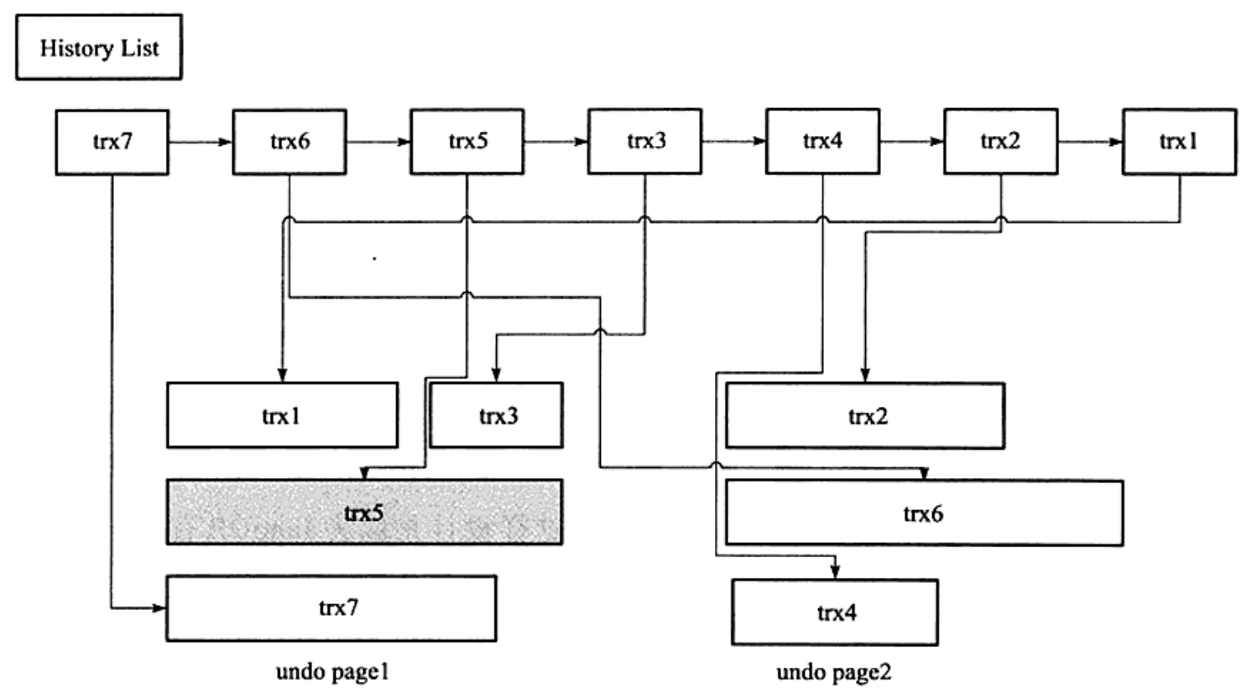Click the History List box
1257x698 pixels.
pyautogui.click(x=99, y=47)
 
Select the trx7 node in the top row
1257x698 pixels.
pyautogui.click(x=112, y=142)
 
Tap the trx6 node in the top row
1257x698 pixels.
pyautogui.click(x=289, y=142)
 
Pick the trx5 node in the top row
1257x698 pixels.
pyautogui.click(x=467, y=142)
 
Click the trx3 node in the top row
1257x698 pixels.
pyautogui.click(x=645, y=142)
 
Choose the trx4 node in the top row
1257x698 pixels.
pyautogui.click(x=823, y=142)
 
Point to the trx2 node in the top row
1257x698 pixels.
pyautogui.click(x=1001, y=142)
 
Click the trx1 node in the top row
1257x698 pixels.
pyautogui.click(x=1180, y=142)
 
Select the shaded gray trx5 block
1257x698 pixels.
pyautogui.click(x=365, y=512)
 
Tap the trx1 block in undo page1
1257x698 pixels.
pyautogui.click(x=282, y=415)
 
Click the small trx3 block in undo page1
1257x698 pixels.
pyautogui.click(x=497, y=415)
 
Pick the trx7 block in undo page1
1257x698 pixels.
pyautogui.click(x=331, y=608)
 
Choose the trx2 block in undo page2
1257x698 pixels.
pyautogui.click(x=865, y=416)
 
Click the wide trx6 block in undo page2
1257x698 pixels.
pyautogui.click(x=925, y=513)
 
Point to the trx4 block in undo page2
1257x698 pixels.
pyautogui.click(x=835, y=612)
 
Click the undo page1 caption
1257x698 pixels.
pyautogui.click(x=333, y=672)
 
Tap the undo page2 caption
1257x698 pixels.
pyautogui.click(x=834, y=672)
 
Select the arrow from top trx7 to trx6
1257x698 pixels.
pyautogui.click(x=201, y=142)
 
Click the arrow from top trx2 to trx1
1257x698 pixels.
pyautogui.click(x=1090, y=142)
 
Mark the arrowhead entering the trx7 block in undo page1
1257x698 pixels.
pyautogui.click(x=159, y=608)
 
